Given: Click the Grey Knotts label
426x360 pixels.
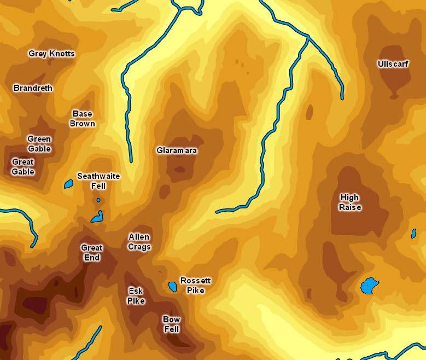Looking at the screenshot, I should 51,54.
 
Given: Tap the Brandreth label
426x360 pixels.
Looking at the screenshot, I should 33,88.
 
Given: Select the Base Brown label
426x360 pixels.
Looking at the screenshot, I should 82,119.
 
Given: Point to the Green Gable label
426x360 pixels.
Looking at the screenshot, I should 39,144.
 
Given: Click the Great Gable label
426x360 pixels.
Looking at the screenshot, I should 23,167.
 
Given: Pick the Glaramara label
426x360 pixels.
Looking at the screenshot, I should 177,150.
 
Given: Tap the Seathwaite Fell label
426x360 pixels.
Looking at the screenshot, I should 98,181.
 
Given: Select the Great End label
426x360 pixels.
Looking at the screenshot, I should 91,252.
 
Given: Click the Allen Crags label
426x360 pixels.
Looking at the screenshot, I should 139,242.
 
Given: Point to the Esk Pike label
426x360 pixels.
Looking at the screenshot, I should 136,295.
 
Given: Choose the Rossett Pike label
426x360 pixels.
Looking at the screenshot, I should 195,286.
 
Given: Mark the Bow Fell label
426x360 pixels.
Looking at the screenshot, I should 171,324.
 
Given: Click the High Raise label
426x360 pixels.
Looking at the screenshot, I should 349,202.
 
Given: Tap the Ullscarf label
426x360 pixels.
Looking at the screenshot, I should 393,64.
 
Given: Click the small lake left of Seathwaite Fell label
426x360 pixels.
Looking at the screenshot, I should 69,184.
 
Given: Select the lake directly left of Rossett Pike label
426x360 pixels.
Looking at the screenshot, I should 173,286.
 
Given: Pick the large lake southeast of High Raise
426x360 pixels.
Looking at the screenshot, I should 369,286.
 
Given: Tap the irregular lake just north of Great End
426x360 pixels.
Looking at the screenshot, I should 98,217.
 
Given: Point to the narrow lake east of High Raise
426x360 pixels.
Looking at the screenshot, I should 413,234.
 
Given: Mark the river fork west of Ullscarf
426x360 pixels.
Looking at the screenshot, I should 308,37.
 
